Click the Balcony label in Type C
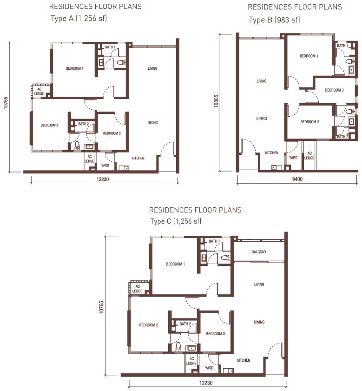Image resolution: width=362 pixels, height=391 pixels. coord(259,252)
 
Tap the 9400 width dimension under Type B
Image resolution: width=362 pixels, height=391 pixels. coord(297,179)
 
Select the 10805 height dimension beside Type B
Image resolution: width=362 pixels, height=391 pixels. coord(216,101)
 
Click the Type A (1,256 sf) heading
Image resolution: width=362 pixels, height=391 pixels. coord(79,19)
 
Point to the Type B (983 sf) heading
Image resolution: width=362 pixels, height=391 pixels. coord(274,20)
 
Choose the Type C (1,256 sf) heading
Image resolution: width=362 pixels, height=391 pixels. coord(176,221)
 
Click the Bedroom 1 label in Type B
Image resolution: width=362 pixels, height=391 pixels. coord(309,56)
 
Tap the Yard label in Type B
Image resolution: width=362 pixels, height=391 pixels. coord(293,158)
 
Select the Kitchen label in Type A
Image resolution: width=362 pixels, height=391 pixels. coord(138,158)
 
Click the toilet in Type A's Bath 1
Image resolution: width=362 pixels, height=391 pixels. coord(121,62)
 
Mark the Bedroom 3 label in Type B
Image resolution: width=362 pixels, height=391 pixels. coord(334,90)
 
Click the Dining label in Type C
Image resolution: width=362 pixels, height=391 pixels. coord(259,322)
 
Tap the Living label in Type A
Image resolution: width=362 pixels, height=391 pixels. coord(152,68)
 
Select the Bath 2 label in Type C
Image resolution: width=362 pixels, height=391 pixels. coord(185,324)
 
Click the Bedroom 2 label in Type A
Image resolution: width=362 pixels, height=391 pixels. coord(49,125)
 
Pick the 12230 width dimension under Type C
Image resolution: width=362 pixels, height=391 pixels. coord(206,383)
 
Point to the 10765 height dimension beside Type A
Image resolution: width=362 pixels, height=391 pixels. coord(6,103)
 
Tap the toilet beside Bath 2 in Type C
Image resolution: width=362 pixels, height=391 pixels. coord(178,346)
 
